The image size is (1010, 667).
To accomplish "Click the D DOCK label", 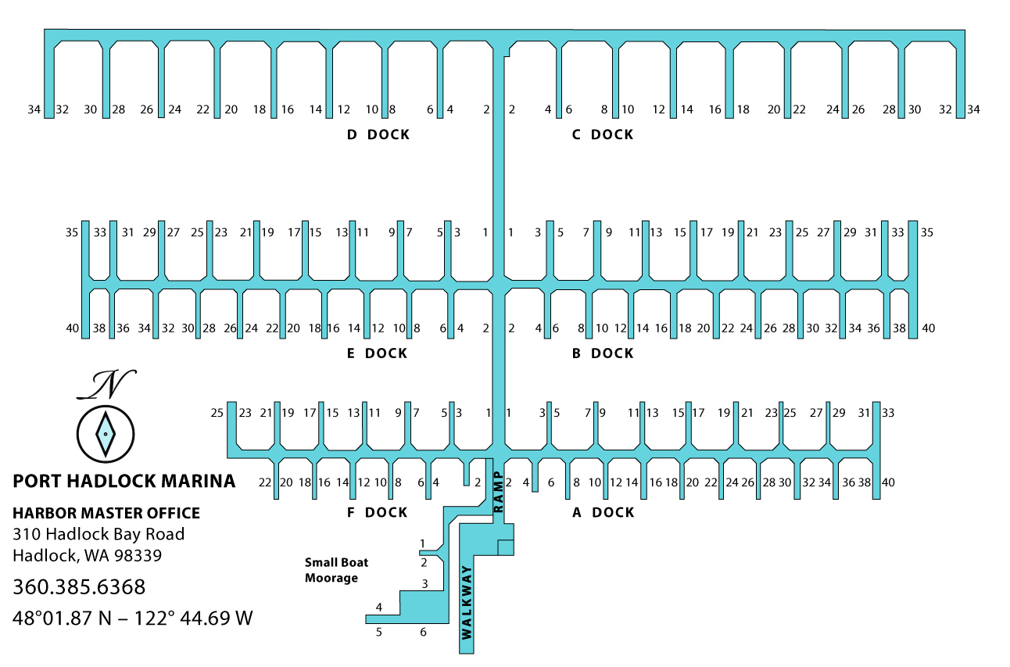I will coord(378,134).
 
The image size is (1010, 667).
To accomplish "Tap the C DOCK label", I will coord(602,134).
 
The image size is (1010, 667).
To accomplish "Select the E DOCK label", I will coord(377,353).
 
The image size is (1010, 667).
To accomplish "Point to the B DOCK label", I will coord(602,353).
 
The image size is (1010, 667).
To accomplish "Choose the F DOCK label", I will coord(377,513).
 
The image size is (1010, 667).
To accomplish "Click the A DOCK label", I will coord(603,513).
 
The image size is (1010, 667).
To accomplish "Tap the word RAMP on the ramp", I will coord(498,492).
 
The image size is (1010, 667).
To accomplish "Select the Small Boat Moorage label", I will coord(336,570).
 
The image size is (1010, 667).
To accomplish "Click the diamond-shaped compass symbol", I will coord(105,432).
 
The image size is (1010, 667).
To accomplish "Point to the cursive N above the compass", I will coord(108,384).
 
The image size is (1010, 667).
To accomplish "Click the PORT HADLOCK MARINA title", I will coord(124,481).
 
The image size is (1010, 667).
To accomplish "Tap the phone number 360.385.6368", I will coord(79,586).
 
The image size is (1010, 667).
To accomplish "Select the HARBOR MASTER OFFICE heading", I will coord(106,514).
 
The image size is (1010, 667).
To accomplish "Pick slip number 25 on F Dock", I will coord(217,413).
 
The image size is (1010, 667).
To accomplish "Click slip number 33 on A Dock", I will coord(888,413).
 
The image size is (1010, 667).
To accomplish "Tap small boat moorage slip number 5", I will coord(379,633).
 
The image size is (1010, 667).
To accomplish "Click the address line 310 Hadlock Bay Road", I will coord(98,535).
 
